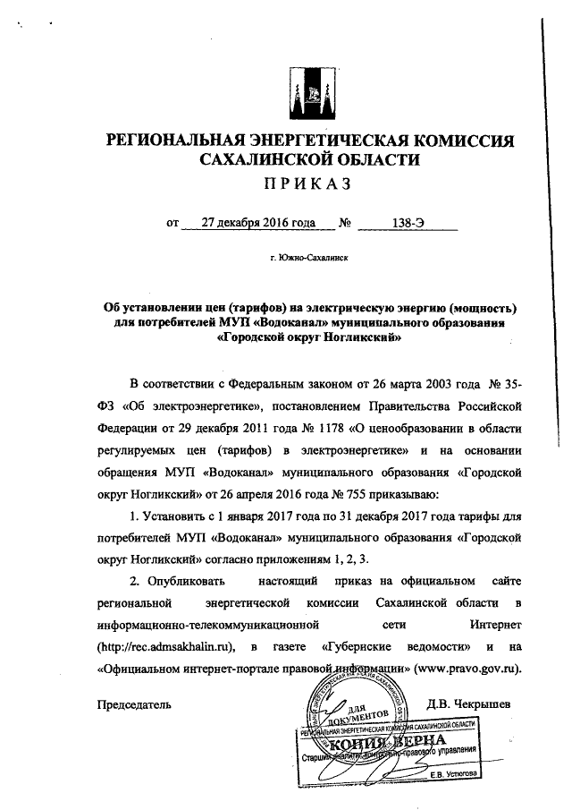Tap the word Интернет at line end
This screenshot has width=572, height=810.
[494, 624]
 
